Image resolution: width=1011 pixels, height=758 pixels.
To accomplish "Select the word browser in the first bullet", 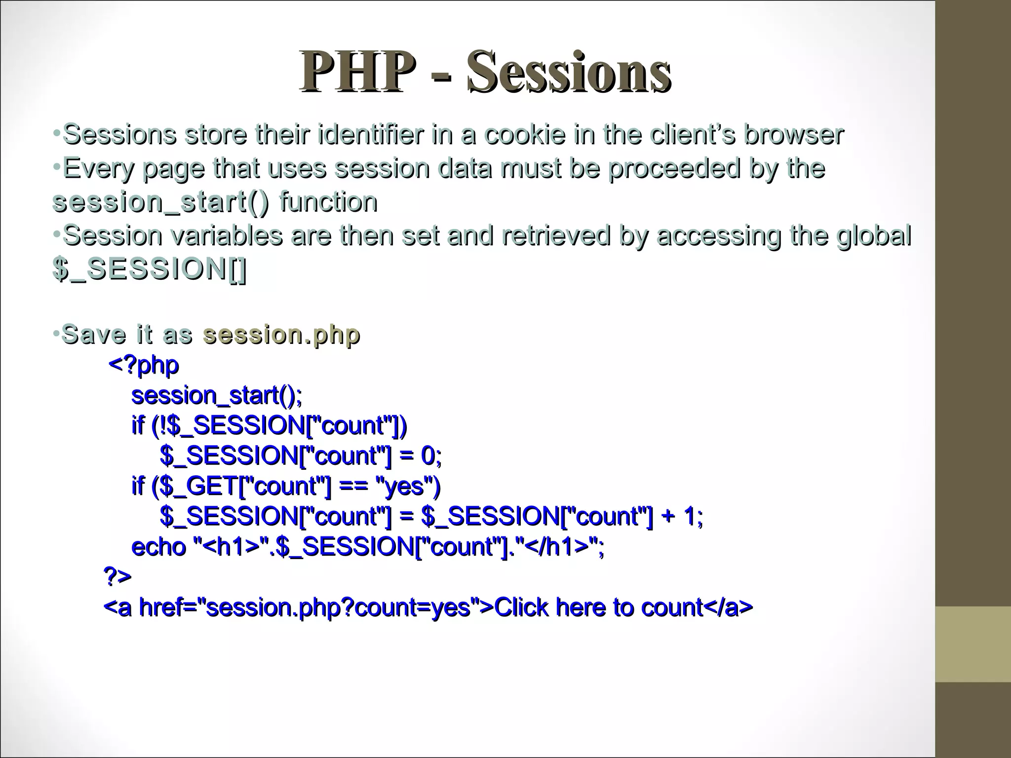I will tap(793, 134).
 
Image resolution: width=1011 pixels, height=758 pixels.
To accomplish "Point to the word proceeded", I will tap(674, 168).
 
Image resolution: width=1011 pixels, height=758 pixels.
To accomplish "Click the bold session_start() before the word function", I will tap(161, 202).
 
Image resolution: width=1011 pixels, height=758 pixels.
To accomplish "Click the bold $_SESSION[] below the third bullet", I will tap(149, 269).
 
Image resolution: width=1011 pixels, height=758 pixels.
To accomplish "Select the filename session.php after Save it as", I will tap(281, 335).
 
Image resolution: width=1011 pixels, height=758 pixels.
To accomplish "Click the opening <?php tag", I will tap(143, 366).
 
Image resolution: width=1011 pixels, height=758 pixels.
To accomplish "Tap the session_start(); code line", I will tap(217, 396).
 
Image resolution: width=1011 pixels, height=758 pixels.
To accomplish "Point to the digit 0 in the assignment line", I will tap(428, 455).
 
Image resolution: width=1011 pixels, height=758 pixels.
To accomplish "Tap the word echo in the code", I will tap(158, 547).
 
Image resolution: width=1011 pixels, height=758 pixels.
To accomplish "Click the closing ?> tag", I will tap(117, 576).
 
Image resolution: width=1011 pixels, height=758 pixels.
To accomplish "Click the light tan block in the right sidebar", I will tap(972, 644).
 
